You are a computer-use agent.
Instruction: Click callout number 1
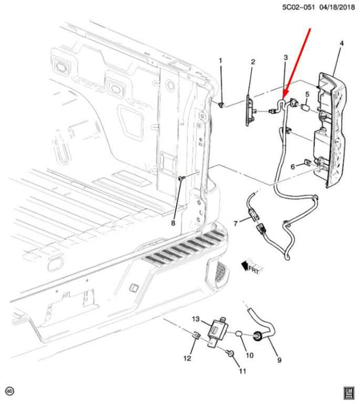tap(220, 61)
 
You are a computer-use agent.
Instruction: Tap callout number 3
tap(286, 59)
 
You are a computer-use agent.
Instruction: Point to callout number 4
tap(341, 44)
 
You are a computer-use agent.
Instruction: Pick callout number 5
tap(307, 94)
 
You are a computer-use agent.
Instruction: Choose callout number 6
tap(293, 166)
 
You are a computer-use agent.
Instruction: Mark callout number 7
tap(236, 222)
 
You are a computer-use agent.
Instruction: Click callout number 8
tap(173, 223)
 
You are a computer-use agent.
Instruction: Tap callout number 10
tap(249, 355)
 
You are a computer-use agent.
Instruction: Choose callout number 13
tap(195, 318)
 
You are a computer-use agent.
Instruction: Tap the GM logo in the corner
tap(349, 391)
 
